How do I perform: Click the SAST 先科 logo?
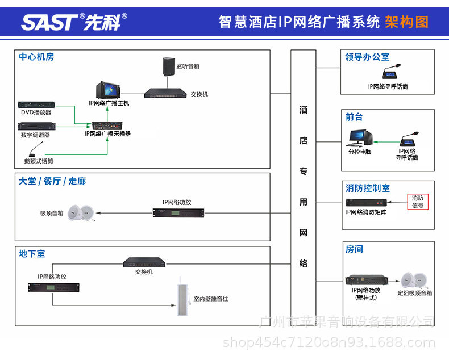[x=74, y=22]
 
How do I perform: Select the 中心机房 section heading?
[x=36, y=57]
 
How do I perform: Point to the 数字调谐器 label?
[x=35, y=135]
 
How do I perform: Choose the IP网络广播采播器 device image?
[x=108, y=125]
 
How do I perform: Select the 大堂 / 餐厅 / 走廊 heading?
[x=52, y=181]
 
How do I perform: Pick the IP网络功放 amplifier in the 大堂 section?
[x=176, y=212]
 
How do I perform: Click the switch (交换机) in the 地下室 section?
[x=144, y=262]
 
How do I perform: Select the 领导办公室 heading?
[x=367, y=57]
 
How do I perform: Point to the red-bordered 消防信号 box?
[x=418, y=202]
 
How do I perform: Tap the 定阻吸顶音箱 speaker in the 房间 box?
[x=413, y=281]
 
